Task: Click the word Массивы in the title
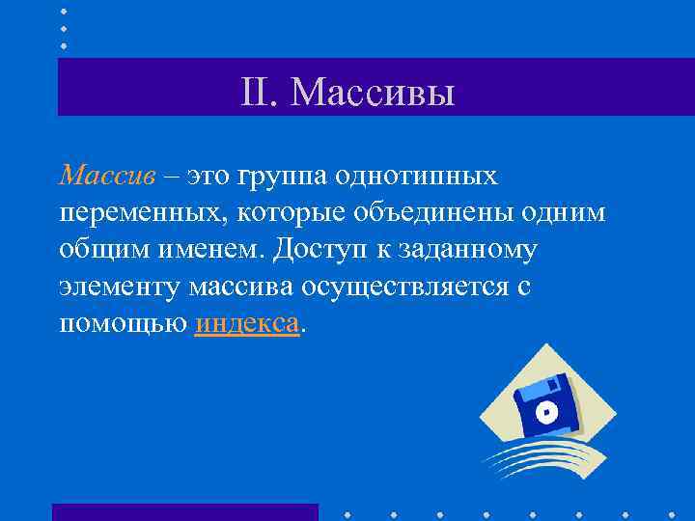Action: pos(372,93)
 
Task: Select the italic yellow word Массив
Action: pos(106,177)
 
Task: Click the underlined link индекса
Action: pos(248,323)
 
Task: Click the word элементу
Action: pos(121,288)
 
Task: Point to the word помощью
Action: pos(123,324)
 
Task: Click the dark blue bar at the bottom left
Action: pos(184,511)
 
